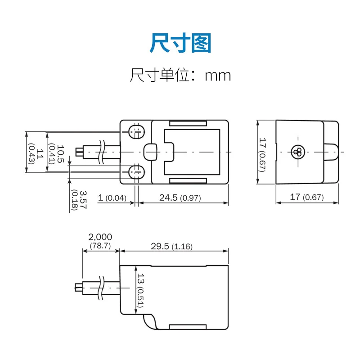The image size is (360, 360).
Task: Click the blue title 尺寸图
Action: tap(180, 43)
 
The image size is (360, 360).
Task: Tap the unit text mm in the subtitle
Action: tap(218, 76)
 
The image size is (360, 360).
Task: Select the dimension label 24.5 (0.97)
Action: tap(180, 198)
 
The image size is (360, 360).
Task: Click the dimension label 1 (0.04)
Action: tap(112, 198)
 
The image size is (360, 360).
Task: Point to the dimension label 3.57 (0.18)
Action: tap(78, 200)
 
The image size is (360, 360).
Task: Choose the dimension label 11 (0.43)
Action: tap(36, 154)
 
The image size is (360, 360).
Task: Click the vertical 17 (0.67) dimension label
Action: tap(262, 154)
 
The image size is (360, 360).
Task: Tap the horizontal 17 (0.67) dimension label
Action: tap(307, 197)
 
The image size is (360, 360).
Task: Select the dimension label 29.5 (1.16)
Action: tap(171, 246)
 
